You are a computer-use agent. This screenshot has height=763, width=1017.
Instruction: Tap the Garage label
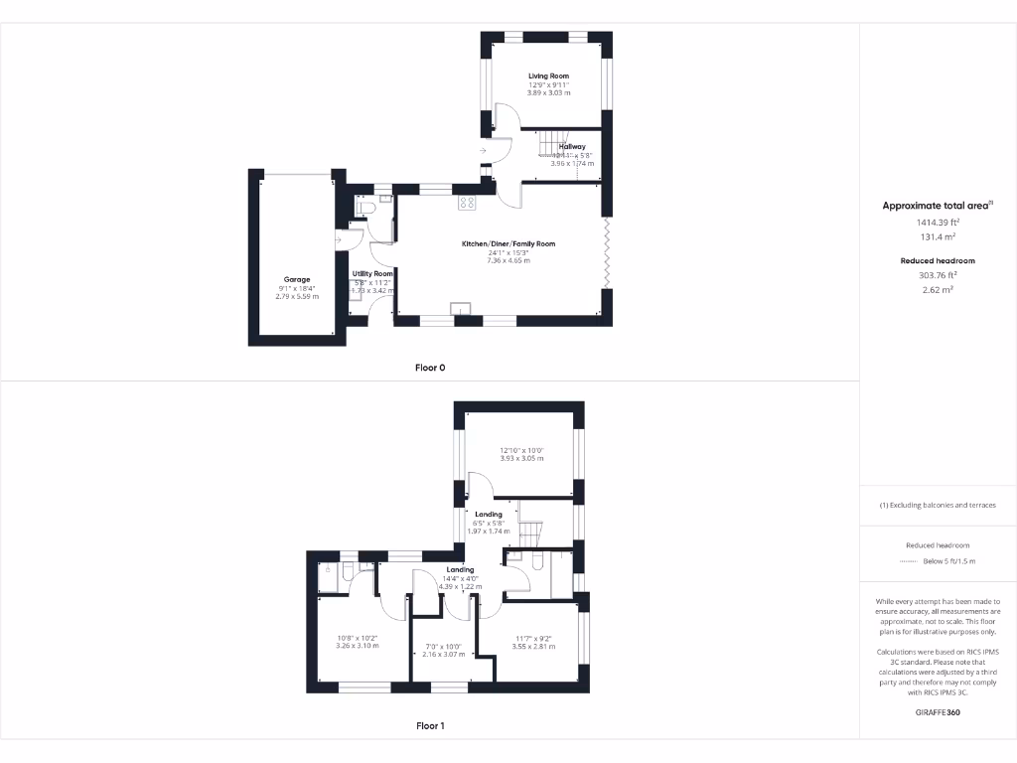(297, 279)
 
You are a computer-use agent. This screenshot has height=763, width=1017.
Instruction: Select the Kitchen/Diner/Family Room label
(508, 243)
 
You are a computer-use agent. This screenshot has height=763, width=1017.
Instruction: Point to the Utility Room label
(373, 273)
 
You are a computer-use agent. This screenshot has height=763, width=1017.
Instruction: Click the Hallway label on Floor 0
(572, 147)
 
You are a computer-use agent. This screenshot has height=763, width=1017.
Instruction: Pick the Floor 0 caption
(430, 368)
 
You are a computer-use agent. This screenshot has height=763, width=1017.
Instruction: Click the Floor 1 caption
(430, 726)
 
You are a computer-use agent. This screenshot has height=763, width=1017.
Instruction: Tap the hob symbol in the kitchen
(466, 202)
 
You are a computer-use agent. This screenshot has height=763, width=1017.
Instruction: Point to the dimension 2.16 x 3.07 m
(445, 655)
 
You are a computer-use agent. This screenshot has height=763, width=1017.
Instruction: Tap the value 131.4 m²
(937, 237)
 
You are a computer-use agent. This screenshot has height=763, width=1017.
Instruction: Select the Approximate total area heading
(937, 206)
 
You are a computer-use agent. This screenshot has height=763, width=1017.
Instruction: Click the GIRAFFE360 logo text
(938, 712)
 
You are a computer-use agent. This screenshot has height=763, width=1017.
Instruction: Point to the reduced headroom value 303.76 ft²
(937, 275)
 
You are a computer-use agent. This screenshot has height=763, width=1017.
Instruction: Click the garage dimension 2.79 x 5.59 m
(297, 297)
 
